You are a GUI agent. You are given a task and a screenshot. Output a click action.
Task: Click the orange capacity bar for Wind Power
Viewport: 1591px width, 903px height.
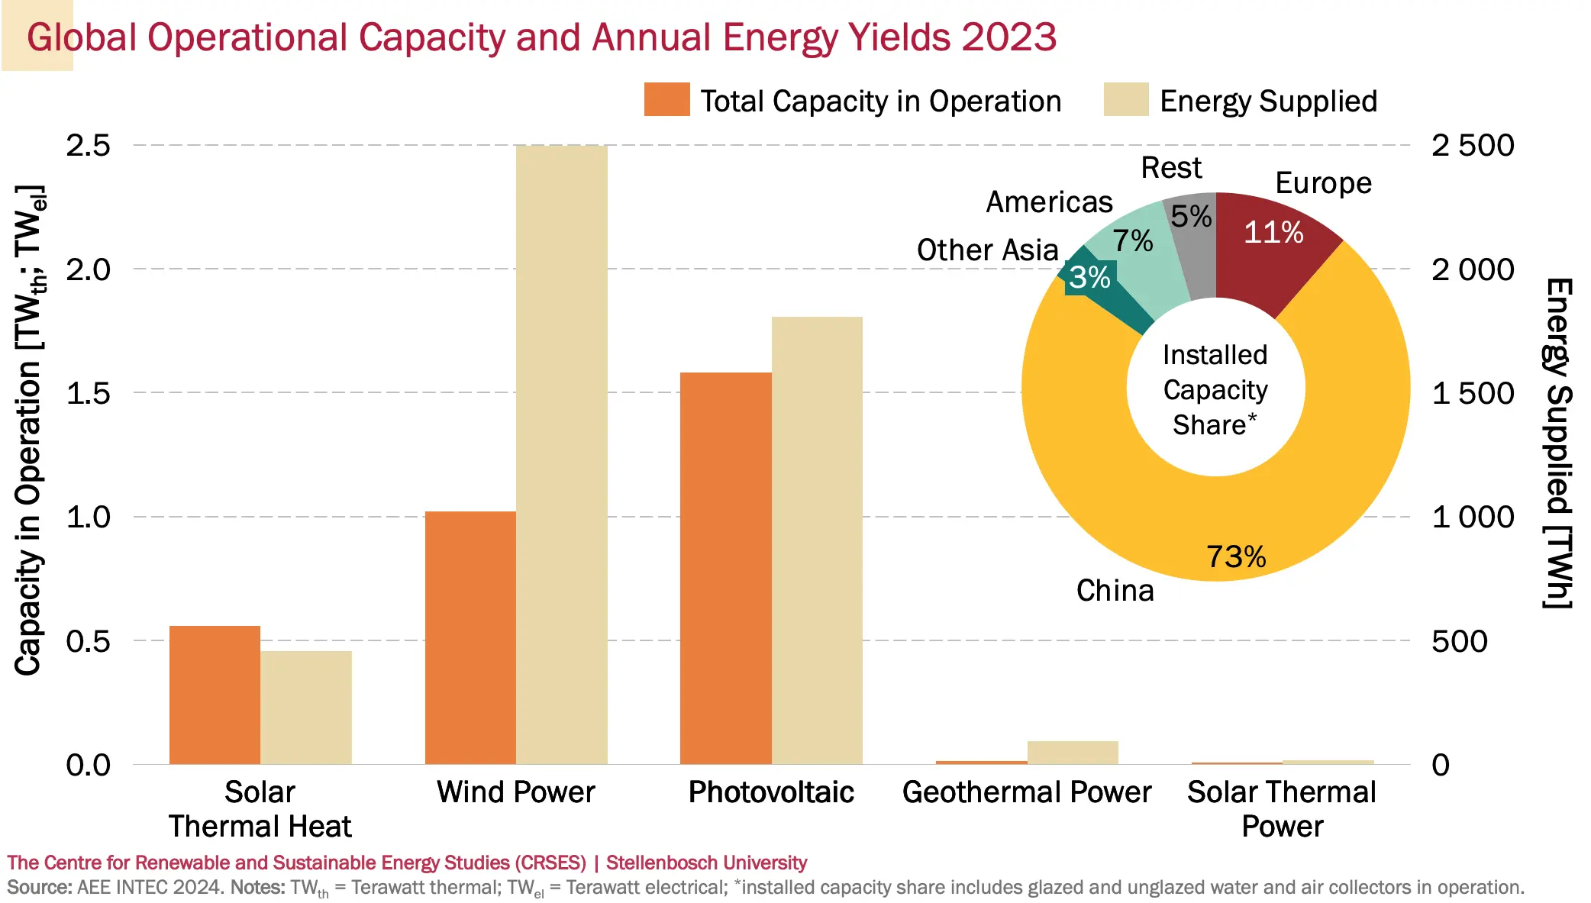tap(470, 637)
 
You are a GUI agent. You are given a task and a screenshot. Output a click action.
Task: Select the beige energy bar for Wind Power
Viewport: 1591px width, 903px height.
tap(561, 454)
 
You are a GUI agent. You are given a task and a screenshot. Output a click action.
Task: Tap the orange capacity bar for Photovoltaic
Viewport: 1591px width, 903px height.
tap(725, 568)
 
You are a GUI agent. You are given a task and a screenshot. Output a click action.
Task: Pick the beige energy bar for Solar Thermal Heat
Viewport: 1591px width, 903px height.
tap(306, 707)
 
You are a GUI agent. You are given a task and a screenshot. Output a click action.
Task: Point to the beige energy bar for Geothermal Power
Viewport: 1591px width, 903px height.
tap(1073, 753)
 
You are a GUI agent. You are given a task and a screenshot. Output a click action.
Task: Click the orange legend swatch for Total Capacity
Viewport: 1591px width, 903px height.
tap(666, 100)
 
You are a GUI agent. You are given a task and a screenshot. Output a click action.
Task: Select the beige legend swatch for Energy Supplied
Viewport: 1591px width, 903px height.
tap(1126, 100)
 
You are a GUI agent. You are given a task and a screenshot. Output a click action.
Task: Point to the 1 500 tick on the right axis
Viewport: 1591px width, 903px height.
tap(1473, 393)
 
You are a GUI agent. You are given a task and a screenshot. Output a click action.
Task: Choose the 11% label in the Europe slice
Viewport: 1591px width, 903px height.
tap(1273, 232)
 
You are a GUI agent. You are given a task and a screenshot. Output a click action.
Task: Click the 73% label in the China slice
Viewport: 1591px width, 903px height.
tap(1236, 556)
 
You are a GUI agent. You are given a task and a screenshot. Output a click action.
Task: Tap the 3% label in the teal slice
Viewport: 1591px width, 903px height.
tap(1089, 277)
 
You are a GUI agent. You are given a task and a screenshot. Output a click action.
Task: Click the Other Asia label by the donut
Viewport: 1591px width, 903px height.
tap(987, 250)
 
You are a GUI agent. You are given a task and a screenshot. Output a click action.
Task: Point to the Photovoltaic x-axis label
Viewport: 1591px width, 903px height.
tap(771, 792)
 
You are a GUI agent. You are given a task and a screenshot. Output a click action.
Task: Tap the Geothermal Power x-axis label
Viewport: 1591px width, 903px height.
tap(1027, 792)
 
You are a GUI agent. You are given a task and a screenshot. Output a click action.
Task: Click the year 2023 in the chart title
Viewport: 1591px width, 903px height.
tap(1008, 37)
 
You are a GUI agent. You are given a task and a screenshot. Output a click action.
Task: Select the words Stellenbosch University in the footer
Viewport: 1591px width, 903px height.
tap(706, 863)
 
